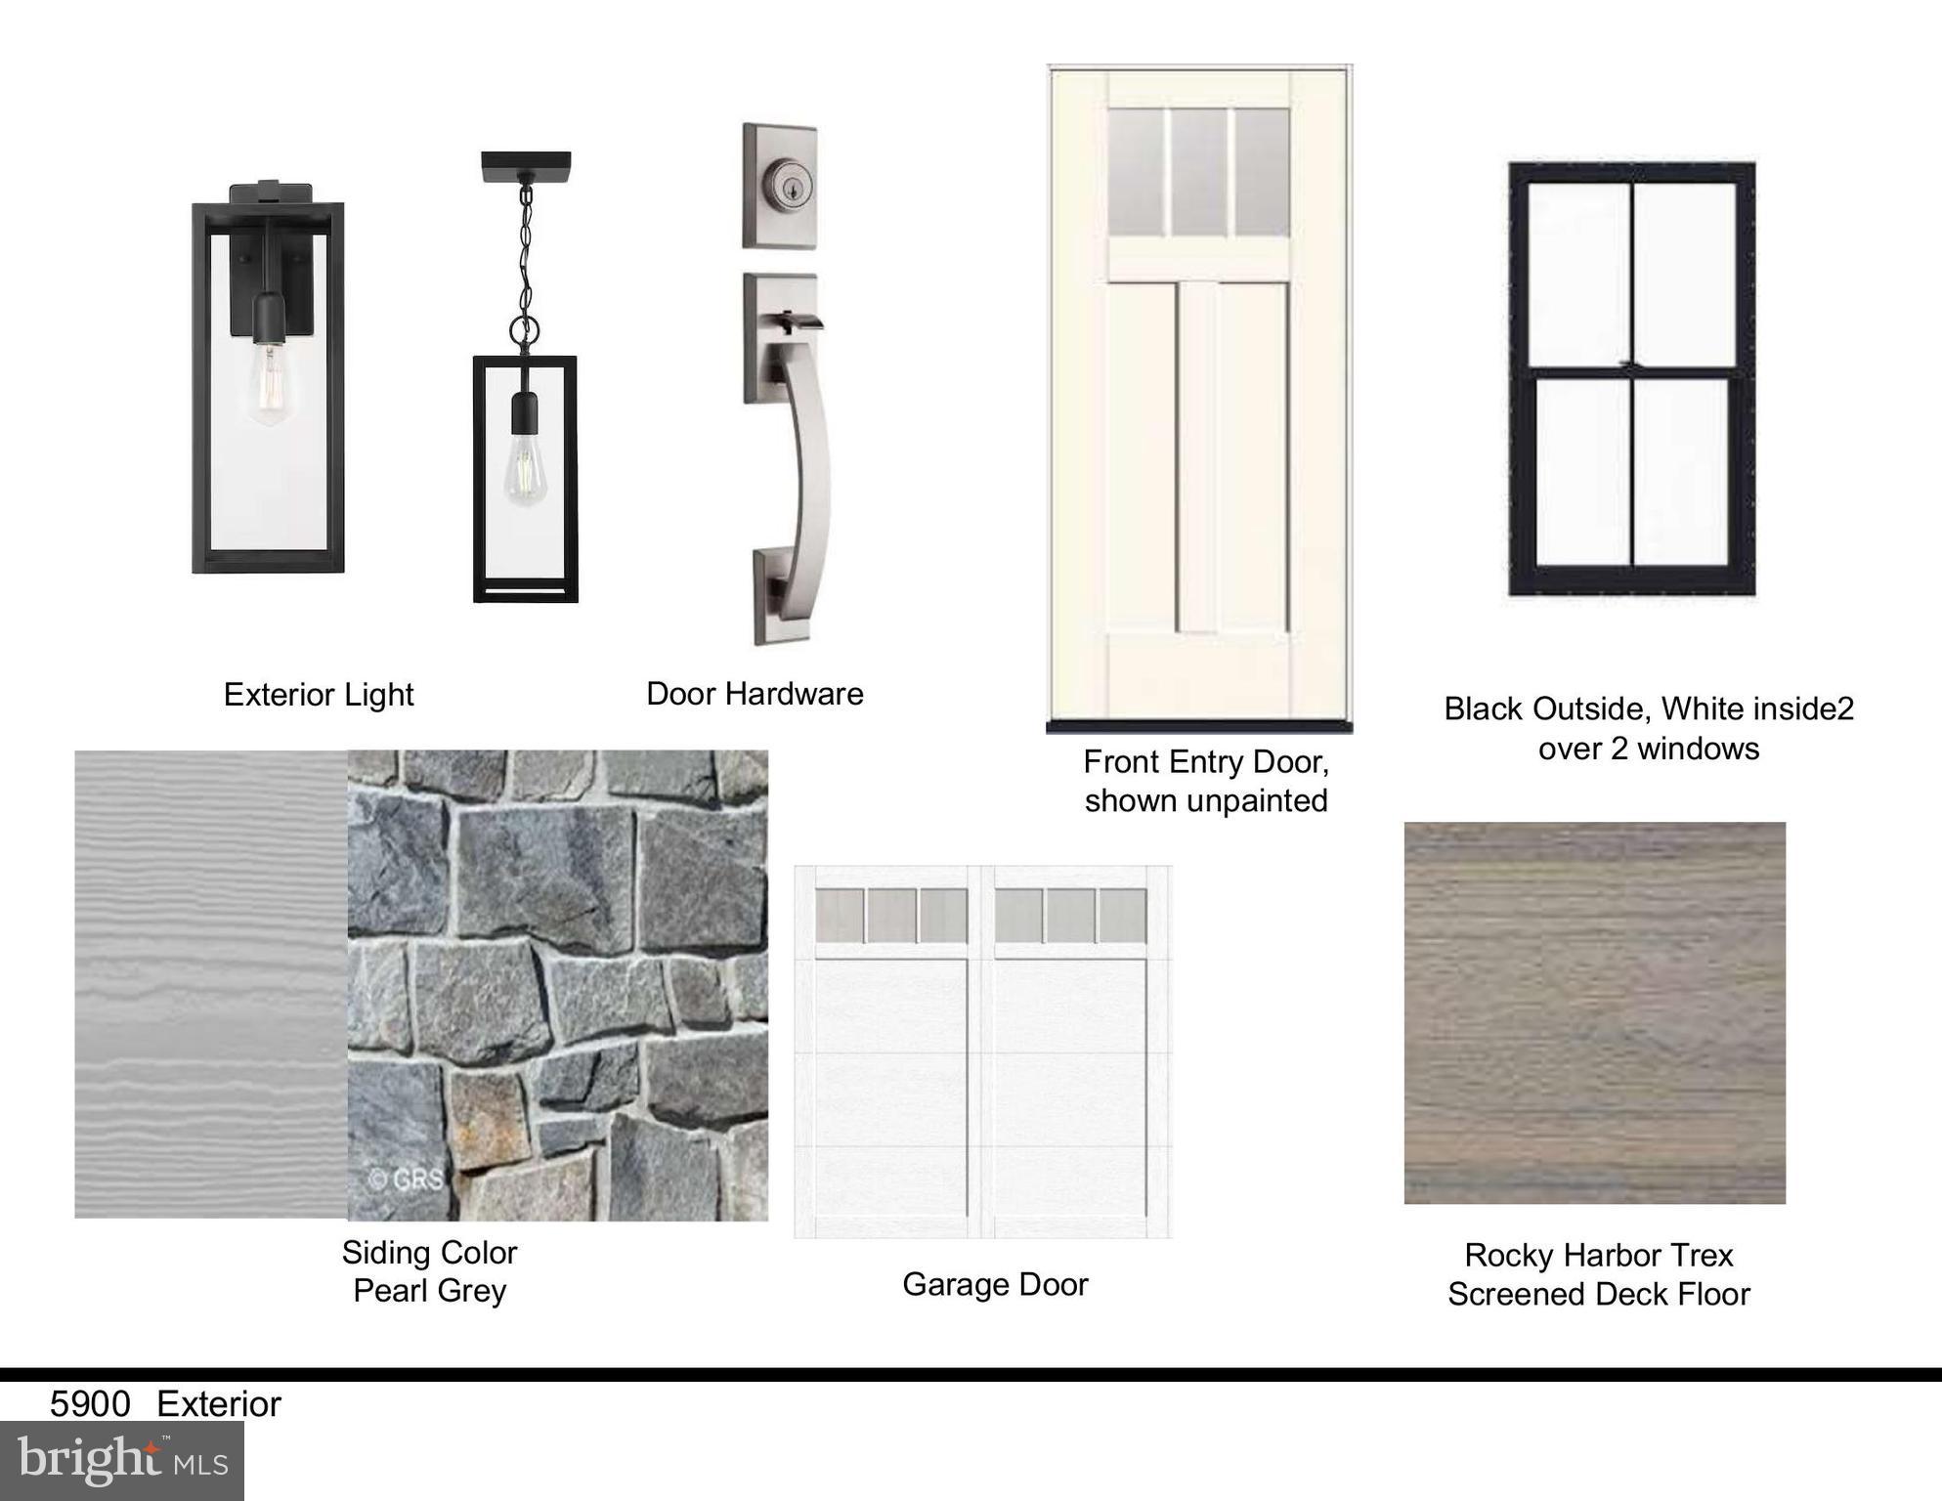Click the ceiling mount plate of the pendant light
(x=526, y=166)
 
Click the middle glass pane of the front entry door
(x=1198, y=173)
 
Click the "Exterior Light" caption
(x=319, y=694)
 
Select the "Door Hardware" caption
(x=755, y=693)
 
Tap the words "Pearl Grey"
(x=430, y=1290)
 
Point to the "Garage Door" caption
(x=995, y=1283)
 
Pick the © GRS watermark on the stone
(x=406, y=1179)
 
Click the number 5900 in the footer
(x=90, y=1403)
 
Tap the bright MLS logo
(x=122, y=1460)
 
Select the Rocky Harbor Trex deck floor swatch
(x=1595, y=1012)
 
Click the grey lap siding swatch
(x=211, y=984)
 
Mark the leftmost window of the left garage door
(x=841, y=916)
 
